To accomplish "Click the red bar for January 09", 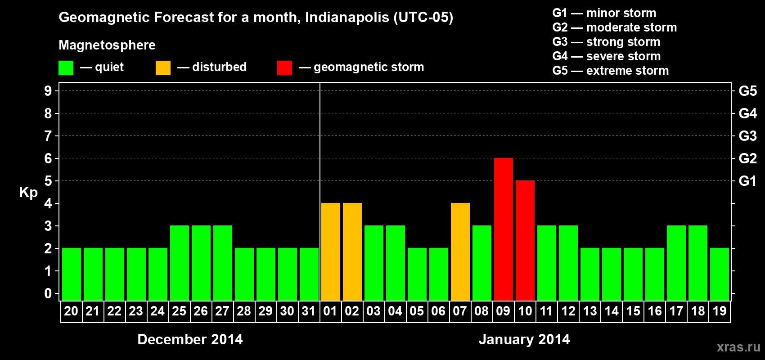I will pos(503,229).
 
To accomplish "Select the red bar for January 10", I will pos(525,240).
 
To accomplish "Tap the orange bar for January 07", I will pos(460,252).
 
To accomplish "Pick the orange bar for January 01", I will pos(330,252).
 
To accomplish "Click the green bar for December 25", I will pos(179,263).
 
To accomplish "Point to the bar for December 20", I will pos(71,274).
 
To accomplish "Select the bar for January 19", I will pos(719,274).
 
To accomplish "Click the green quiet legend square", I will pos(66,68).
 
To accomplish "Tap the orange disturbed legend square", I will pos(163,68).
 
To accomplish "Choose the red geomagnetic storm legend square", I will pos(284,68).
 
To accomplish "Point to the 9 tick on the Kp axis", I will pos(48,91).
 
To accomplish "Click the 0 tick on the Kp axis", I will pos(48,293).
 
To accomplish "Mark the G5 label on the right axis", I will pos(747,91).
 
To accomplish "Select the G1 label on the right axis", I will pos(747,181).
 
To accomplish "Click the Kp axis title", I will pos(28,192).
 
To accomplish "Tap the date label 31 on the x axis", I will pos(309,311).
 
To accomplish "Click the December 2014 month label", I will pos(190,339).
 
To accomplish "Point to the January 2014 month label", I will pos(524,339).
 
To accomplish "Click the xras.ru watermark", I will pos(738,347).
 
